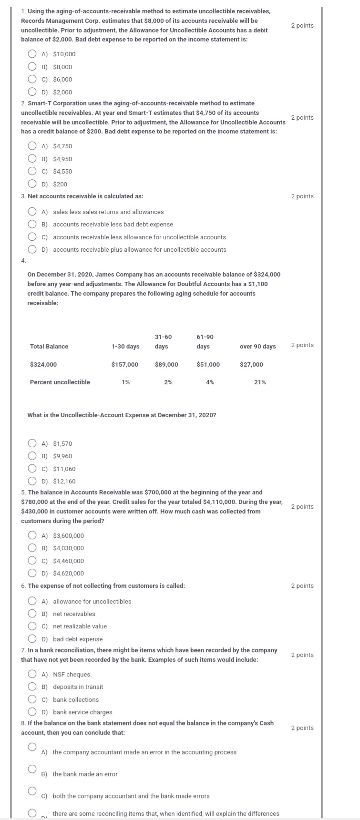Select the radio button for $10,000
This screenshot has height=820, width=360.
[32, 54]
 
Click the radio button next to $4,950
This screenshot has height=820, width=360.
[32, 159]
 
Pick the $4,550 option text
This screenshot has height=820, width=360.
[62, 172]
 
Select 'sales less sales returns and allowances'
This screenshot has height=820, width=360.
[108, 212]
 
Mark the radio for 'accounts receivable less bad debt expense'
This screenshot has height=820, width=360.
[32, 225]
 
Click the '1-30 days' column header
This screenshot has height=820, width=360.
[125, 347]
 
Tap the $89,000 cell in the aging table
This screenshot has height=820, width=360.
[166, 365]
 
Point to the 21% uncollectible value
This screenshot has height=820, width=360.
[260, 382]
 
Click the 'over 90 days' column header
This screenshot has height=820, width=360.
[257, 347]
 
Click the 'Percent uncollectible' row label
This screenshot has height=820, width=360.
[60, 382]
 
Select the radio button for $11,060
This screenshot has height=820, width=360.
[32, 469]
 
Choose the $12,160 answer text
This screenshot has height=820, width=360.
[64, 482]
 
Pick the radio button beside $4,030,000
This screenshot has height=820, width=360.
[32, 548]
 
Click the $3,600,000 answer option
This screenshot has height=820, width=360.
[68, 536]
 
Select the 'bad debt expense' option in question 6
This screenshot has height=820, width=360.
[78, 639]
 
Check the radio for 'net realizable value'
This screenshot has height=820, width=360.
[32, 626]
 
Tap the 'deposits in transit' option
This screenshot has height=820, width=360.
[78, 687]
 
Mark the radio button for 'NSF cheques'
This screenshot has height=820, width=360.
[32, 674]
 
